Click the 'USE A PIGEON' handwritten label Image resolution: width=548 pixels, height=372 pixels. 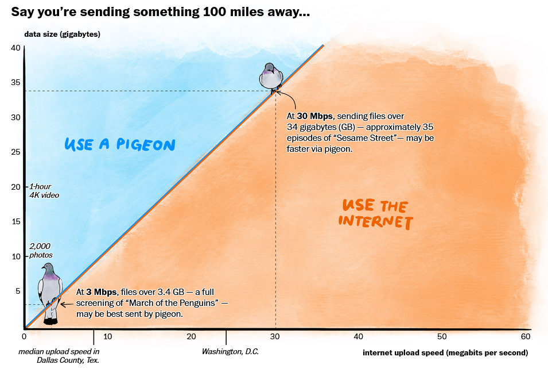tap(119, 144)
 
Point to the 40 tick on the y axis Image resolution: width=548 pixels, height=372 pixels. tap(15, 48)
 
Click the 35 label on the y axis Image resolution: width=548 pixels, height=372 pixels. tap(15, 83)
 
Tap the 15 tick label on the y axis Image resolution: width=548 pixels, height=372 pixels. tap(15, 221)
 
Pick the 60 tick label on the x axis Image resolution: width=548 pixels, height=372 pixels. tap(526, 336)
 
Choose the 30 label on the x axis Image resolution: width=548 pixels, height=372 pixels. tap(275, 336)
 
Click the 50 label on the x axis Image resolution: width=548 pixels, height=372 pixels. tap(442, 336)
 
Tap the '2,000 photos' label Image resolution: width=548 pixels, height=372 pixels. tap(40, 250)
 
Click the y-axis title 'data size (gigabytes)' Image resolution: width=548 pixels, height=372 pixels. tap(62, 34)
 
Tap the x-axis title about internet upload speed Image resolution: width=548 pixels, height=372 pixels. tap(445, 352)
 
